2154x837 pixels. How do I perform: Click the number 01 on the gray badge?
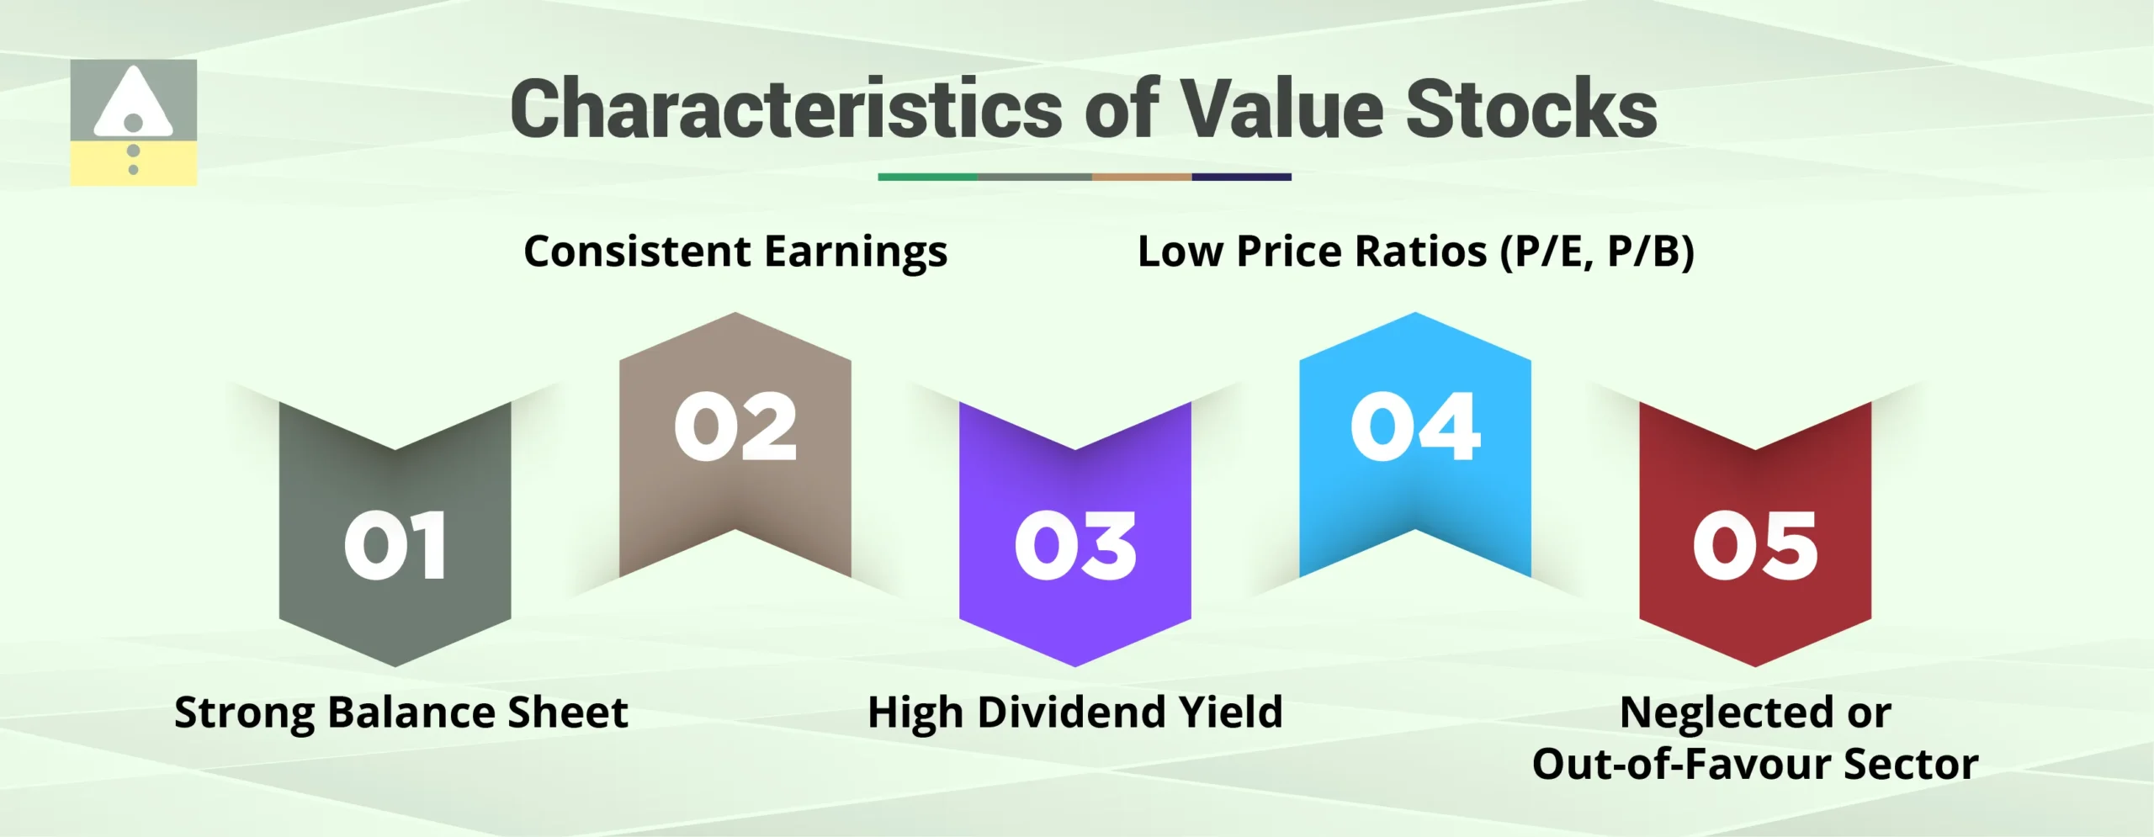(x=395, y=546)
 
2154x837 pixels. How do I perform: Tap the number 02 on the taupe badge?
(x=735, y=426)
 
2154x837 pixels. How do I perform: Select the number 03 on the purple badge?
(x=1075, y=546)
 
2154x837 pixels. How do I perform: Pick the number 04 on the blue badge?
(x=1415, y=426)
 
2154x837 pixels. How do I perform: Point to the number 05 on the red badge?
(x=1755, y=546)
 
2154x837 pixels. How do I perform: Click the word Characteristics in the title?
(x=786, y=109)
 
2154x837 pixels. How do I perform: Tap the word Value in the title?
(x=1282, y=109)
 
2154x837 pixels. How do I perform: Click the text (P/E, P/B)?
(x=1597, y=252)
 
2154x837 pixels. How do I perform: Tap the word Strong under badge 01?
(x=243, y=714)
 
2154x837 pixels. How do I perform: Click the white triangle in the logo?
(x=133, y=101)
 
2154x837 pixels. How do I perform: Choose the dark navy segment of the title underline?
(x=1241, y=177)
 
